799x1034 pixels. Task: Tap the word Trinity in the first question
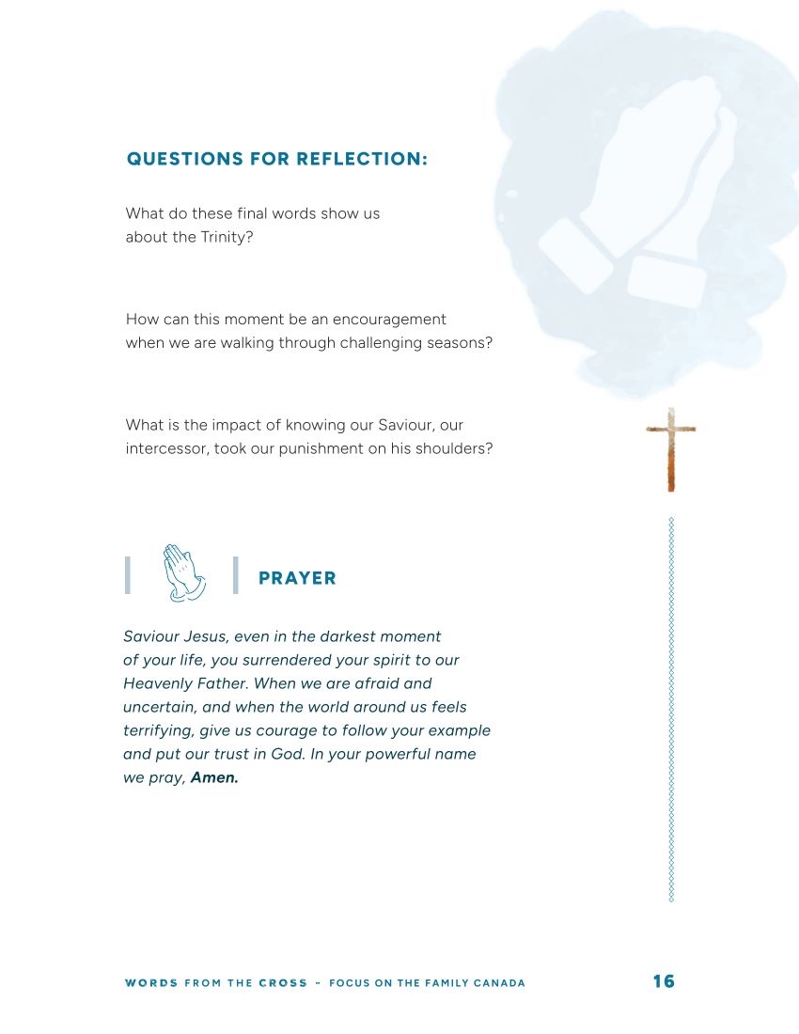tap(226, 237)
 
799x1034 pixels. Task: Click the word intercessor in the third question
tap(165, 448)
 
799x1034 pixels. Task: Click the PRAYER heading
tap(297, 578)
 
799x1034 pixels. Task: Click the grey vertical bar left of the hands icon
tap(127, 575)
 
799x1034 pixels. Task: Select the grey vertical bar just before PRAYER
tap(235, 575)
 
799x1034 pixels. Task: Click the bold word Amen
tap(214, 778)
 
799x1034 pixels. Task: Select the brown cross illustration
tap(671, 448)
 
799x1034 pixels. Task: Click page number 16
tap(664, 981)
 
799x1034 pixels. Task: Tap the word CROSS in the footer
tap(283, 983)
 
